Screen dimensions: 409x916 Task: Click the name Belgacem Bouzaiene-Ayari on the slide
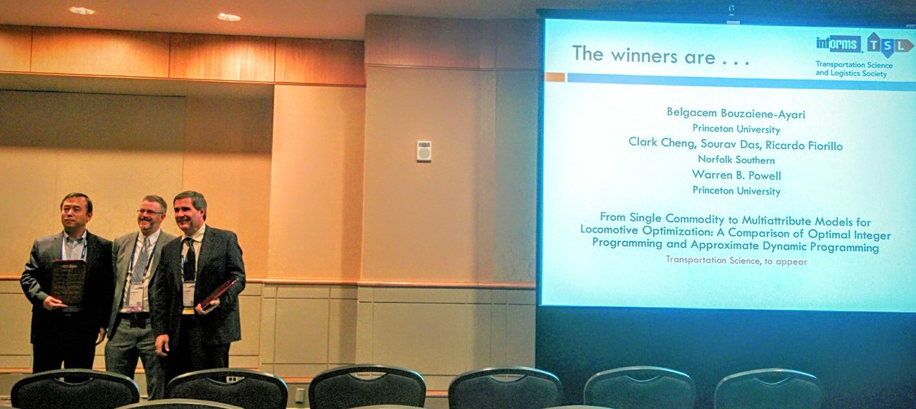coord(724,112)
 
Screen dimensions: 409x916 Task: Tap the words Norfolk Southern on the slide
coord(736,159)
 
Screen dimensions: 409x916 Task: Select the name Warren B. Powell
coord(736,175)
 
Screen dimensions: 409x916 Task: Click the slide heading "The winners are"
coord(643,56)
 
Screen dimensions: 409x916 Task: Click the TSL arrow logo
coord(889,45)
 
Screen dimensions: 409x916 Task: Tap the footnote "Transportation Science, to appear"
coord(736,260)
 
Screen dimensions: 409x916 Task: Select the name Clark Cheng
coord(658,143)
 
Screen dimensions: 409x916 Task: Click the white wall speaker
coord(424,151)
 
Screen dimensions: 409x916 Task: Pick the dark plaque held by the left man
coord(68,282)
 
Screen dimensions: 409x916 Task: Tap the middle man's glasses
coord(150,211)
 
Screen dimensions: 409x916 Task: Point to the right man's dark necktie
coord(189,259)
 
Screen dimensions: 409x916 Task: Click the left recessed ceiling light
coord(82,11)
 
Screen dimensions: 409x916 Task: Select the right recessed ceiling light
coord(228,17)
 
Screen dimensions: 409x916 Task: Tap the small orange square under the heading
coord(555,77)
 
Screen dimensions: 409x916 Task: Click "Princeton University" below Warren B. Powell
coord(736,191)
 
